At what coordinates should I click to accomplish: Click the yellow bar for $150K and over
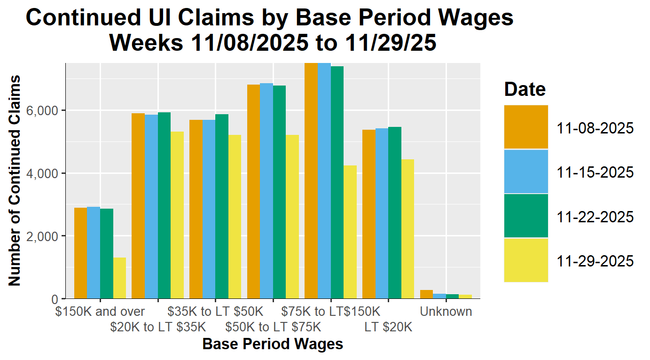point(119,278)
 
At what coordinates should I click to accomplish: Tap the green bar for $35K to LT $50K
point(222,206)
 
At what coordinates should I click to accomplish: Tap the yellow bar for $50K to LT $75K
point(292,217)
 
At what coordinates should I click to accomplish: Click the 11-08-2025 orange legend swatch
point(526,127)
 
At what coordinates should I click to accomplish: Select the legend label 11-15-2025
point(595,172)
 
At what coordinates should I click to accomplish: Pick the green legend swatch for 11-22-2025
point(526,216)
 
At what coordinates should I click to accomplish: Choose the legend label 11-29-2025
point(595,261)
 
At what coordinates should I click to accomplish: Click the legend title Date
point(525,89)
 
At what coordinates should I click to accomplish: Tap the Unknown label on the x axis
point(446,312)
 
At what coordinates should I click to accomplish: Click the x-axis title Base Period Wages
point(273,344)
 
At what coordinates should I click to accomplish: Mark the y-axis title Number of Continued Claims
point(15,180)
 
